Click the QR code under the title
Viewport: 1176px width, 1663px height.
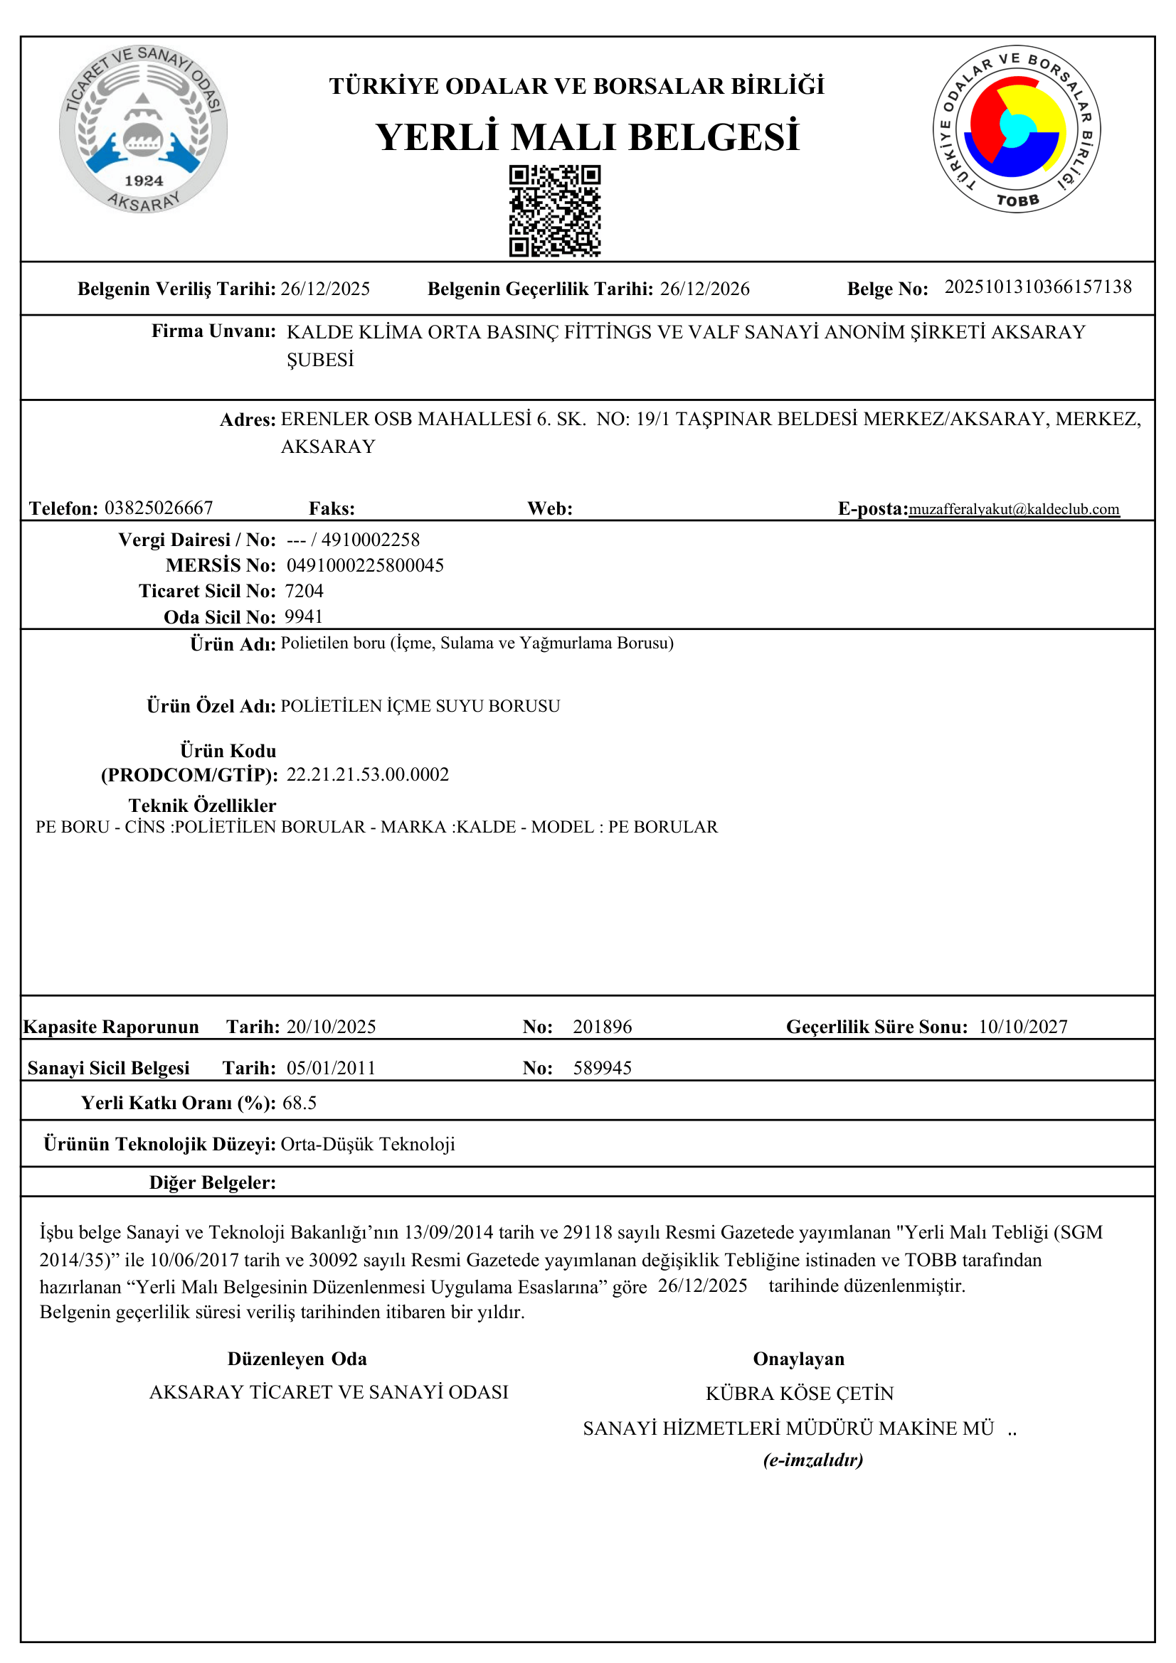(554, 210)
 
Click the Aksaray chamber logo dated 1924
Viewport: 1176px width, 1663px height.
(144, 129)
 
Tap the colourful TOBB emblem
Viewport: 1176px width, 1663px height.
(1016, 129)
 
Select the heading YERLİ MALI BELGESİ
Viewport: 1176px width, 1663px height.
(588, 137)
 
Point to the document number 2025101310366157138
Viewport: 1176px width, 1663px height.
(1037, 287)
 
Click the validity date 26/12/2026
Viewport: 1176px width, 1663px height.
(704, 289)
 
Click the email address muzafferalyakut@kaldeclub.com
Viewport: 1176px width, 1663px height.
(1014, 509)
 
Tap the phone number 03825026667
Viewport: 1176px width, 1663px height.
(159, 508)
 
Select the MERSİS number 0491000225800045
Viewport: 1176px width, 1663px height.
(365, 565)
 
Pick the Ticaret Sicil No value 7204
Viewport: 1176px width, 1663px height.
(304, 591)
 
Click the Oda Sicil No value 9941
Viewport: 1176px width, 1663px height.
(304, 616)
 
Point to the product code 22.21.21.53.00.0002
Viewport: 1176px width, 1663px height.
(367, 774)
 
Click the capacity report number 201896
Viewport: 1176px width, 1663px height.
(602, 1027)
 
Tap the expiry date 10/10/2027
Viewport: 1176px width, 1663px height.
(1022, 1027)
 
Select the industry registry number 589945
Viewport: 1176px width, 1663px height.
(602, 1068)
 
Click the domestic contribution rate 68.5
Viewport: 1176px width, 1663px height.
(300, 1103)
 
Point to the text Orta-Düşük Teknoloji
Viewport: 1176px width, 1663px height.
(367, 1144)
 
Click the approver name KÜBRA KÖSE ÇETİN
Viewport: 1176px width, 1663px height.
(799, 1393)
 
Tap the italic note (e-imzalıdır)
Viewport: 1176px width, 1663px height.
(813, 1460)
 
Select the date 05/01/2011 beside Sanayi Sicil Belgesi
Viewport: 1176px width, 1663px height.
(331, 1068)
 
